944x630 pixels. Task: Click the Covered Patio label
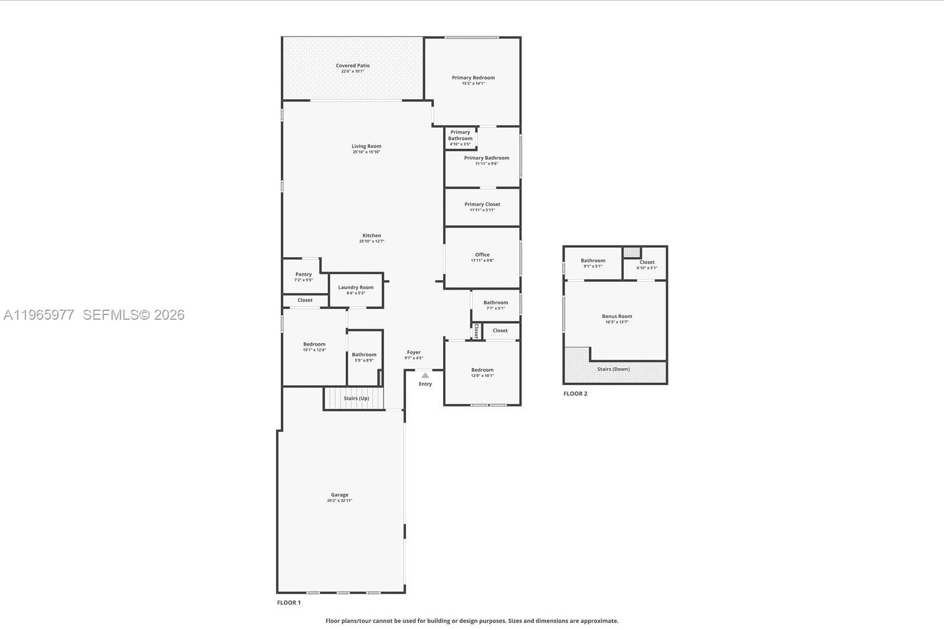[353, 65]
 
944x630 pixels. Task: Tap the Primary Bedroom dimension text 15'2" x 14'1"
[473, 84]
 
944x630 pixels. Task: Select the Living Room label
[366, 146]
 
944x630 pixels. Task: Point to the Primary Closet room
[482, 207]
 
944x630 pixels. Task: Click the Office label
[482, 255]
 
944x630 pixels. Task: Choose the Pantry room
[303, 276]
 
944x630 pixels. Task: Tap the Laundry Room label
[356, 287]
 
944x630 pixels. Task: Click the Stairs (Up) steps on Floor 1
[354, 398]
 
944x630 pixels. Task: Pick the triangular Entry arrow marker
[425, 375]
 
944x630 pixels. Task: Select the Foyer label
[414, 352]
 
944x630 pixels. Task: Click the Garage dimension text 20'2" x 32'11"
[339, 501]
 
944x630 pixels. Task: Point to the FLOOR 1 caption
[289, 602]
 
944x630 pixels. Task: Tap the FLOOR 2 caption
[575, 393]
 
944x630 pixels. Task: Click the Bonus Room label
[617, 316]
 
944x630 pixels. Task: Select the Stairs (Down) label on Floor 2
[613, 369]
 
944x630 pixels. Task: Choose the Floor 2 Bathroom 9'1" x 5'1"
[592, 263]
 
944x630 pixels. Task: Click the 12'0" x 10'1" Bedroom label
[482, 370]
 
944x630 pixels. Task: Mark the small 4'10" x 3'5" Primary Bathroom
[460, 137]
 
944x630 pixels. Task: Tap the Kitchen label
[372, 235]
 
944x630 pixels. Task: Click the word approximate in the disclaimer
[599, 621]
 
